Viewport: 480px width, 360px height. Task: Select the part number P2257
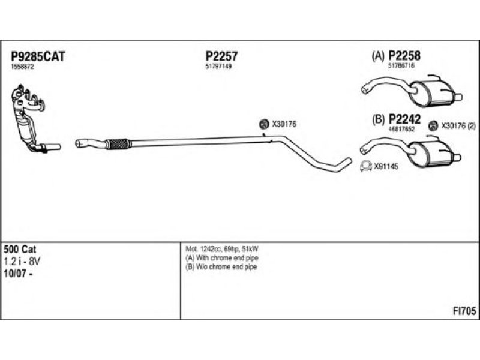221,56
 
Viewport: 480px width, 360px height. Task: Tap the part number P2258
405,56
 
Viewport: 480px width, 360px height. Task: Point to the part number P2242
405,119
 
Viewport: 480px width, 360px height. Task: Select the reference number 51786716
401,66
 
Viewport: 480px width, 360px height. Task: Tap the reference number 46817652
401,129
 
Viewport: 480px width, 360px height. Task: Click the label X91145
386,167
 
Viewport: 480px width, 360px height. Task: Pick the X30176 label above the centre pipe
284,124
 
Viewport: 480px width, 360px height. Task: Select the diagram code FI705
464,311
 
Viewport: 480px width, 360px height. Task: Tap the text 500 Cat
18,249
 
